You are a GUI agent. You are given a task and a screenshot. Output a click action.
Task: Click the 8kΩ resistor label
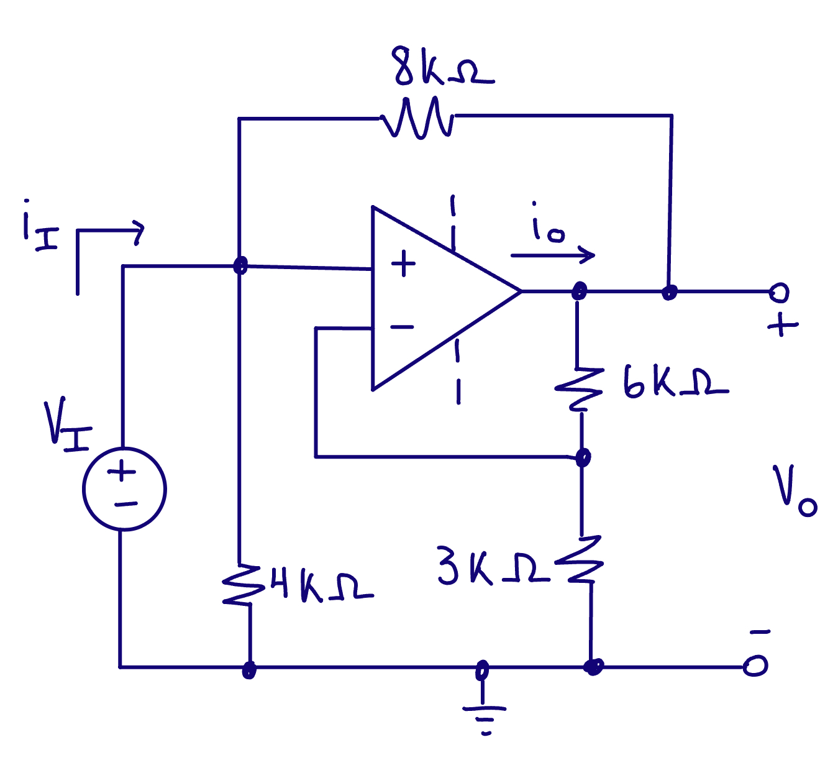[x=442, y=66]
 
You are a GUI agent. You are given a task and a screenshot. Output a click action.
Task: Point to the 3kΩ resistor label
[x=492, y=566]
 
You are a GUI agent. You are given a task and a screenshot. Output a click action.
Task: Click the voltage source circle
[x=124, y=489]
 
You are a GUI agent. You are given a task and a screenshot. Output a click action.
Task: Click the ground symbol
[x=484, y=715]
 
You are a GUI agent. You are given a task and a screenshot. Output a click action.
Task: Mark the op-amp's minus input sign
[x=402, y=327]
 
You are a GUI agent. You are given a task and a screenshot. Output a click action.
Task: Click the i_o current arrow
[x=552, y=255]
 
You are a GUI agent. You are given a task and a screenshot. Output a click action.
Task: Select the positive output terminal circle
[x=779, y=291]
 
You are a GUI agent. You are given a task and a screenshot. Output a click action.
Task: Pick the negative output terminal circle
[x=755, y=667]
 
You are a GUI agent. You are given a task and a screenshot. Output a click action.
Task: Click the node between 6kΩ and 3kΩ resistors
[x=582, y=458]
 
